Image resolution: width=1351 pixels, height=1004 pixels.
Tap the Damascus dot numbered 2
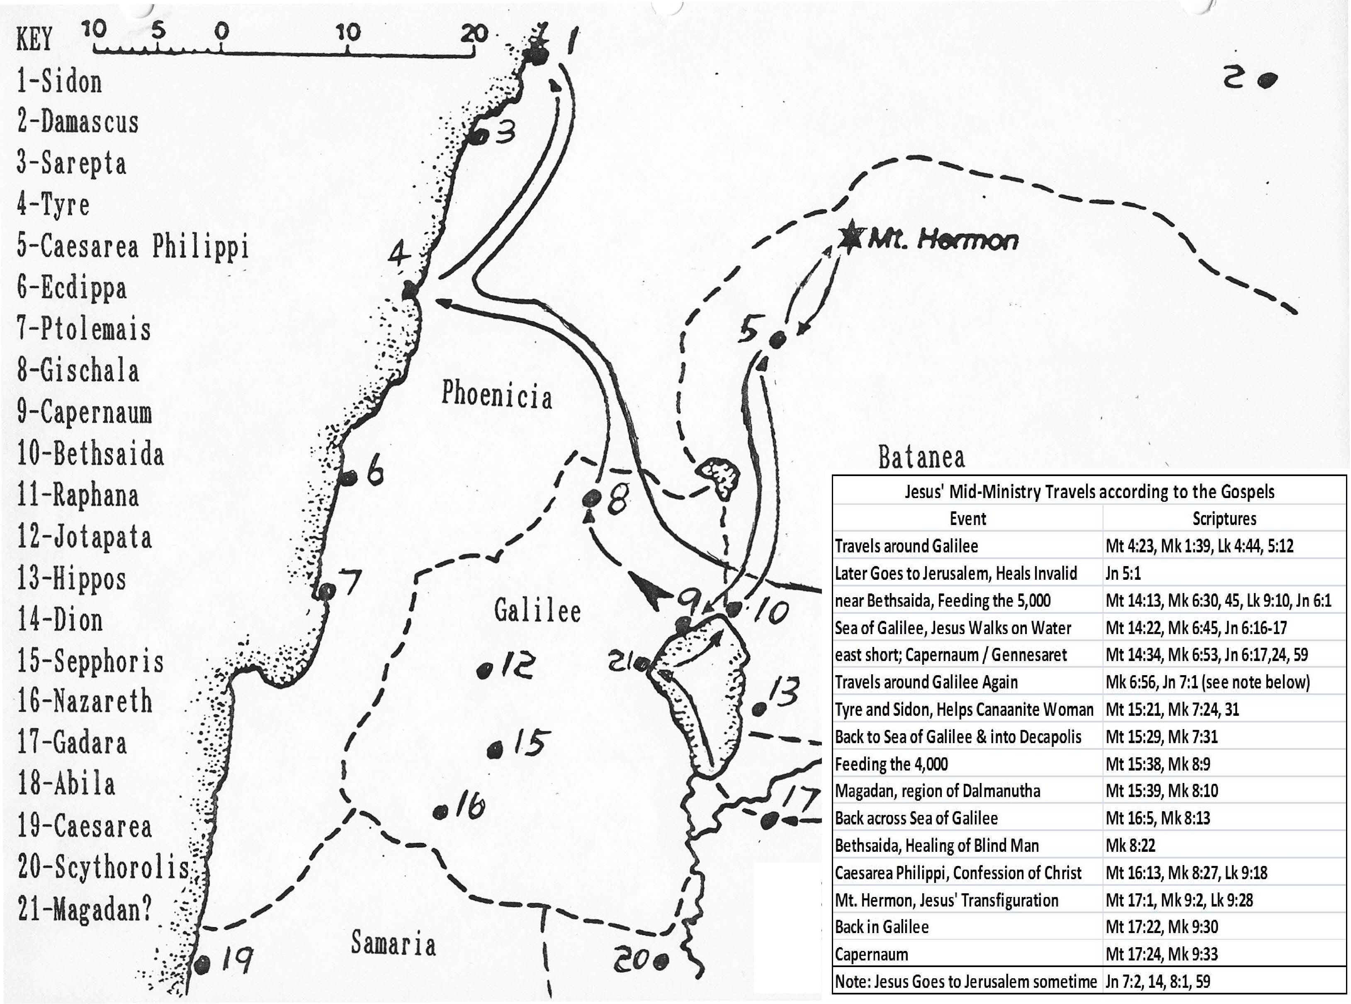click(1267, 81)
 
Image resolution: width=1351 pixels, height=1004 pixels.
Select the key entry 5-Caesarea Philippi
click(132, 247)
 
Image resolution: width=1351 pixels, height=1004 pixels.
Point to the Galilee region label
click(537, 610)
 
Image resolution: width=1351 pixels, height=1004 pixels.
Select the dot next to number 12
click(484, 671)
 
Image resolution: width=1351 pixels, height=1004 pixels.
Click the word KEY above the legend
click(35, 40)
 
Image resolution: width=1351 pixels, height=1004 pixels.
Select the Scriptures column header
click(1224, 518)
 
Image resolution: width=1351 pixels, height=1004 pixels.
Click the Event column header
click(967, 518)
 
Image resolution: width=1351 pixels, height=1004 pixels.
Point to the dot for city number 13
click(758, 709)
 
